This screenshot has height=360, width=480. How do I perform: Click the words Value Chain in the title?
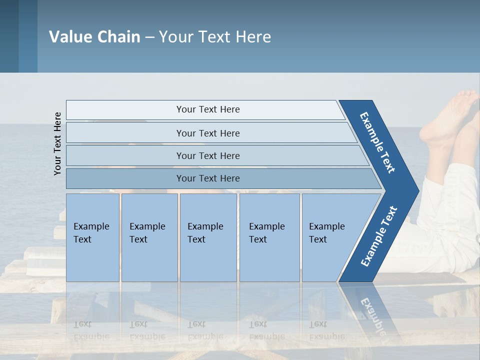(x=94, y=36)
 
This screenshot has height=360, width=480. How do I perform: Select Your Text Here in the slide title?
(x=215, y=36)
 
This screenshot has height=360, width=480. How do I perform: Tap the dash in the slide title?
(x=149, y=37)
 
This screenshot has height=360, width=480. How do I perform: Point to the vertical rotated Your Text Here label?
(x=58, y=143)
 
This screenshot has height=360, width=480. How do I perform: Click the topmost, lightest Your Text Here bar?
(x=207, y=109)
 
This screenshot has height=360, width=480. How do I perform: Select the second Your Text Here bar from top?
(x=207, y=133)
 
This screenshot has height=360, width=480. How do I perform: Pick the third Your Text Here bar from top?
(x=207, y=155)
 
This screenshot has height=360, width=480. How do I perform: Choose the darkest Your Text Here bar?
(x=207, y=178)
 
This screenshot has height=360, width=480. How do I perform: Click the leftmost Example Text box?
(x=92, y=237)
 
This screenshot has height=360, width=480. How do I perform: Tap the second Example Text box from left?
(x=149, y=237)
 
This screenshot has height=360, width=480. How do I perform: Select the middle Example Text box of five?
(x=208, y=237)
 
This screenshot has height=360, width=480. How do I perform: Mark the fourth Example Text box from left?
(x=269, y=237)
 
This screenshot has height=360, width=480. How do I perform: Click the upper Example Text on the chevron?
(x=377, y=143)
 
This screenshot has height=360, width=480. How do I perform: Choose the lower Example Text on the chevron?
(x=378, y=236)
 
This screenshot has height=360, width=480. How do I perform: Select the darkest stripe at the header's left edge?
(x=9, y=36)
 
